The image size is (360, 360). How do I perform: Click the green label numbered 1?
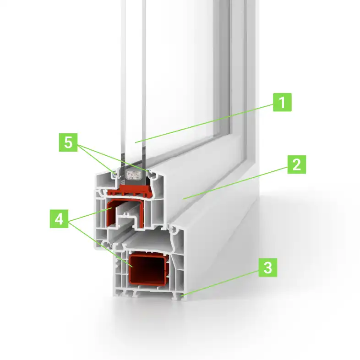[283, 102]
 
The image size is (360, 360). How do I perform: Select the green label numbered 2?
[296, 164]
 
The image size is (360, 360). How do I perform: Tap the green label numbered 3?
[268, 267]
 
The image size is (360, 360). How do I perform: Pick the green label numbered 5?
[68, 143]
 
